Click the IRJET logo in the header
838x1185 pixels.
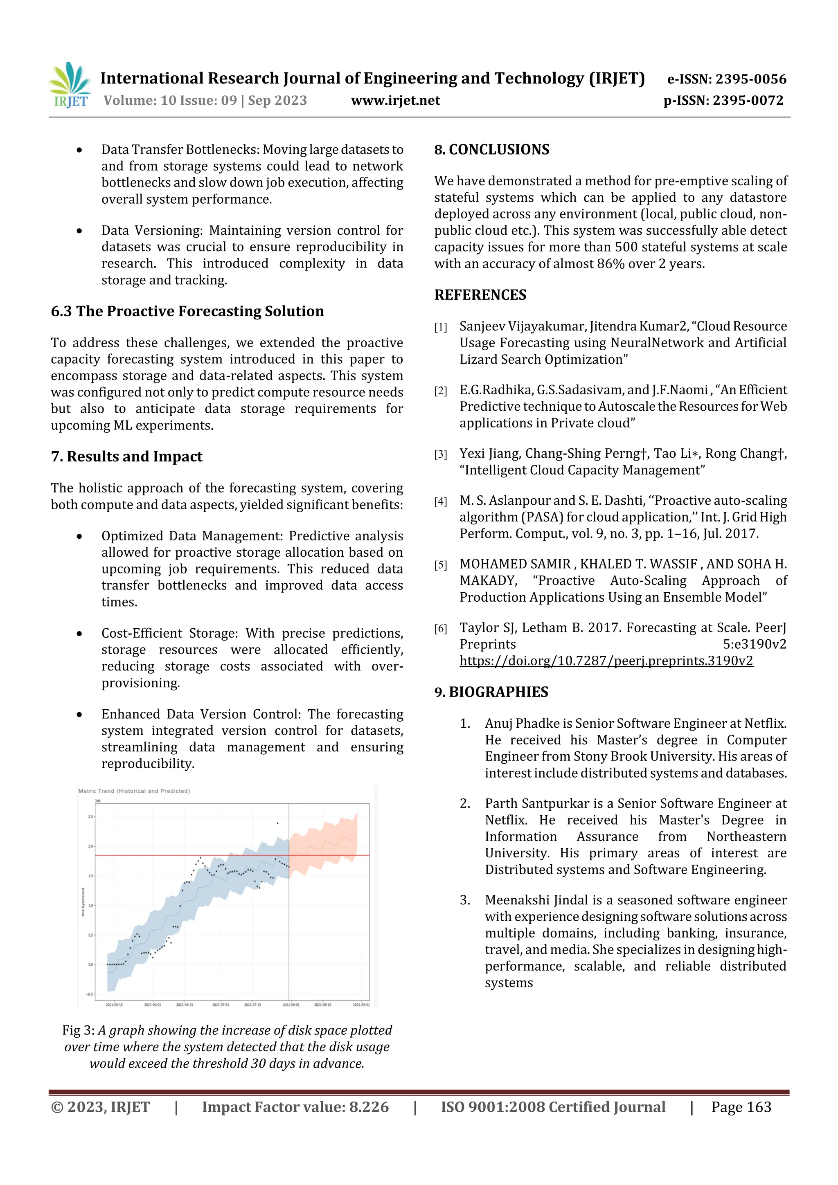click(x=70, y=85)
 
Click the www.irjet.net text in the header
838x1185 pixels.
click(x=396, y=101)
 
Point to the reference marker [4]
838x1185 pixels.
click(x=440, y=501)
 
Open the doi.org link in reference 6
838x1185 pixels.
click(x=606, y=661)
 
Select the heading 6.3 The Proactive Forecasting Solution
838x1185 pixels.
click(x=187, y=311)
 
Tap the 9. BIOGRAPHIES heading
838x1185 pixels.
click(x=491, y=692)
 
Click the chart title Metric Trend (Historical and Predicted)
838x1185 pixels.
click(x=134, y=791)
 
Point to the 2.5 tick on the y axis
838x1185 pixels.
click(x=91, y=816)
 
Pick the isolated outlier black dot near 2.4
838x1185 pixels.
click(x=277, y=823)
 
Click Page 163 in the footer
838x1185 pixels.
click(x=741, y=1107)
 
